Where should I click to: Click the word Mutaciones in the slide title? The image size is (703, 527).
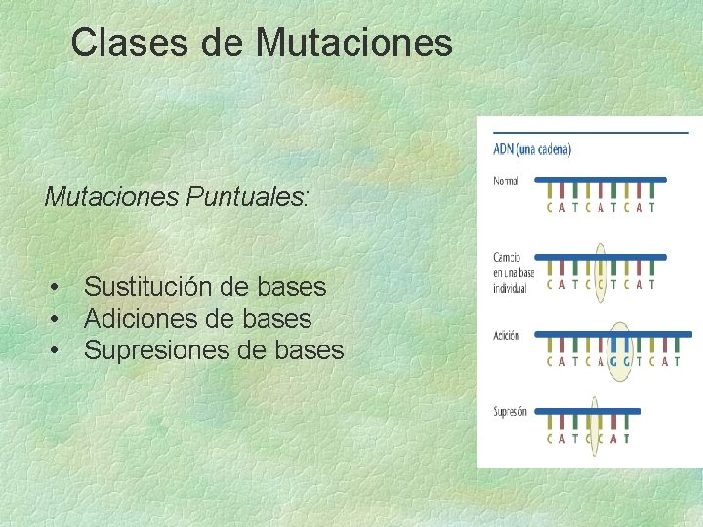pos(354,43)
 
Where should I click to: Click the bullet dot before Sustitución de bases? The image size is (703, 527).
pos(59,288)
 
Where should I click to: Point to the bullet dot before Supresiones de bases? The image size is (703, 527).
pos(59,350)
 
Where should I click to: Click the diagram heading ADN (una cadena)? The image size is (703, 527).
pos(532,149)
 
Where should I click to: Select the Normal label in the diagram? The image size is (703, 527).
pos(506,181)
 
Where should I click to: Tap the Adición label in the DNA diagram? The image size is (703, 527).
pos(507,335)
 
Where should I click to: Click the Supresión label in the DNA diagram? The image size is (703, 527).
pos(510,411)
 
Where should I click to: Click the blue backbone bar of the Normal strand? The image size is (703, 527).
pos(601,180)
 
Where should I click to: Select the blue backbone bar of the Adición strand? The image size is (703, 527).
pos(615,334)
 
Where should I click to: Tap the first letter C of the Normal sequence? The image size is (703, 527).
pos(550,207)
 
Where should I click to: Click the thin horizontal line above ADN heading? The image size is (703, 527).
pos(591,131)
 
